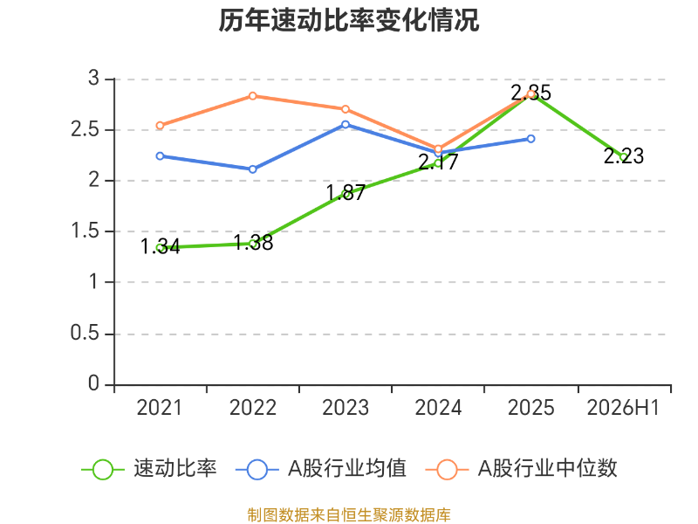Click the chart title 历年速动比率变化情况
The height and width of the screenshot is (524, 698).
[348, 21]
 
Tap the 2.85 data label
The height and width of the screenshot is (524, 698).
[530, 93]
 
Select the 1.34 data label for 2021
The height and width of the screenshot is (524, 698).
[161, 246]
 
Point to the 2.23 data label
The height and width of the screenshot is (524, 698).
[624, 156]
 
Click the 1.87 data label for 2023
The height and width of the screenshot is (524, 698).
[346, 192]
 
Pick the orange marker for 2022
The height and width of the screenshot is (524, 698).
[253, 96]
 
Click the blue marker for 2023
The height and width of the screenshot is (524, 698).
[346, 125]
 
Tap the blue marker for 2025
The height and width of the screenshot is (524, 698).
[530, 139]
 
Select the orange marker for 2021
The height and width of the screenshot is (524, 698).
[161, 126]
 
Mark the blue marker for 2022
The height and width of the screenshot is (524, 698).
[253, 169]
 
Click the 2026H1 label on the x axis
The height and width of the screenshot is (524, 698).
[623, 408]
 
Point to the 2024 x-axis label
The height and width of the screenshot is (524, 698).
[439, 408]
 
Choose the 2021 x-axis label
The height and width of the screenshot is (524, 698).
[160, 408]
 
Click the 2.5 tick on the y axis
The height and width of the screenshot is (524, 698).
[85, 129]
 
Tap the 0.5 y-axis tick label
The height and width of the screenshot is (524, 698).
[85, 333]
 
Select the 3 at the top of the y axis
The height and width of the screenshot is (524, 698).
[93, 79]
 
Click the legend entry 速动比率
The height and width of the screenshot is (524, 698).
[149, 469]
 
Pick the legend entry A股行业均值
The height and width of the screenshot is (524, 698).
[320, 469]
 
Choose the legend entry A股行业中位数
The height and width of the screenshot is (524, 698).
[521, 469]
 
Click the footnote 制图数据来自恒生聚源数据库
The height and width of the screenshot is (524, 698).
[349, 515]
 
